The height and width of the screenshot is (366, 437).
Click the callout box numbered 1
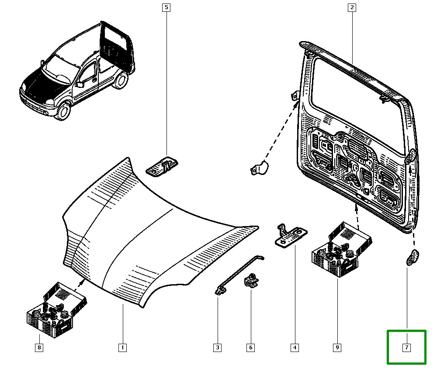(x=122, y=348)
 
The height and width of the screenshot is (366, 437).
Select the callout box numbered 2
(x=352, y=7)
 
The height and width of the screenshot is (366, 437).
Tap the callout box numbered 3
(x=217, y=348)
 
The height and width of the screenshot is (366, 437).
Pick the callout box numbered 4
(x=295, y=348)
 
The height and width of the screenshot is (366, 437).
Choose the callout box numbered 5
(x=166, y=7)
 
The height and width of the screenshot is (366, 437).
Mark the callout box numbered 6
(x=250, y=348)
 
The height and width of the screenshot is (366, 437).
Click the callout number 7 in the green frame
(x=406, y=348)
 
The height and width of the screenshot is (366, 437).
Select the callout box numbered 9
(x=337, y=348)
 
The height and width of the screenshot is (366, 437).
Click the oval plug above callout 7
(x=412, y=258)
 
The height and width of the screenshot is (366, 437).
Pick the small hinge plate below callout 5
(x=163, y=166)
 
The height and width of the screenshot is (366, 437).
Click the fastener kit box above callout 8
(x=56, y=308)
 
